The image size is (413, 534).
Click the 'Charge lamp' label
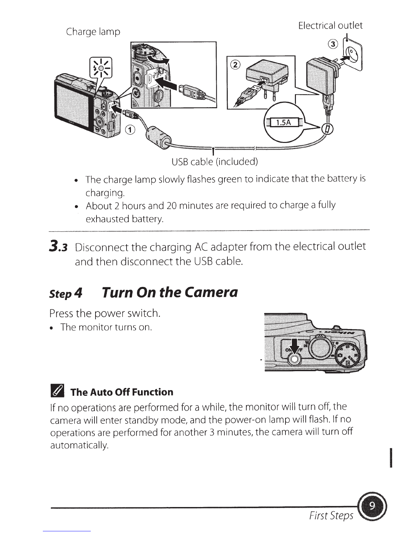tap(93, 32)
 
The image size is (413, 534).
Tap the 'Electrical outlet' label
tap(330, 26)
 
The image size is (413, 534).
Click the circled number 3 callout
tap(333, 44)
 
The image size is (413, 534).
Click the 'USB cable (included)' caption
tap(215, 162)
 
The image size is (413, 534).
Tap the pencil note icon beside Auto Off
tap(57, 392)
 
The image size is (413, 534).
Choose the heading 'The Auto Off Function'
tap(121, 392)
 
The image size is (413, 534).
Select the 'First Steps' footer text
tap(331, 515)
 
